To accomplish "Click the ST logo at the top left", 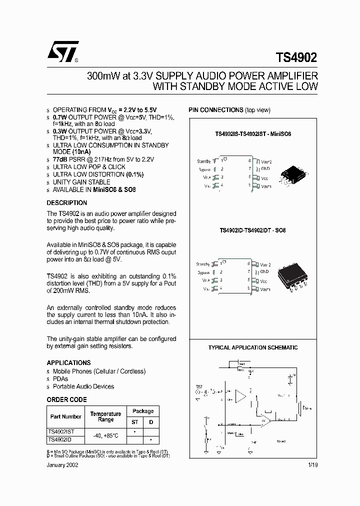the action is [63, 51].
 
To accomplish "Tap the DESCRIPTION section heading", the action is [66, 203].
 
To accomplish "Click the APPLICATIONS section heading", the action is [68, 362].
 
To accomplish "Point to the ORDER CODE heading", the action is [66, 399].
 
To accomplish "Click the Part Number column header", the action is [65, 416].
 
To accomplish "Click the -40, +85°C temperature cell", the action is [105, 435].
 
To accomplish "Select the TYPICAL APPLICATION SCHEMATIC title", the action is [252, 347].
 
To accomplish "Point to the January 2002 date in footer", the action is [62, 464].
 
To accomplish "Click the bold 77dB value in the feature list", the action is [60, 159].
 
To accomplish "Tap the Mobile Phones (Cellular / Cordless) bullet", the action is [99, 371].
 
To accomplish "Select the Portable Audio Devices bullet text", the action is [83, 386].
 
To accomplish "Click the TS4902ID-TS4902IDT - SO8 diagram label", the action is [252, 231].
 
